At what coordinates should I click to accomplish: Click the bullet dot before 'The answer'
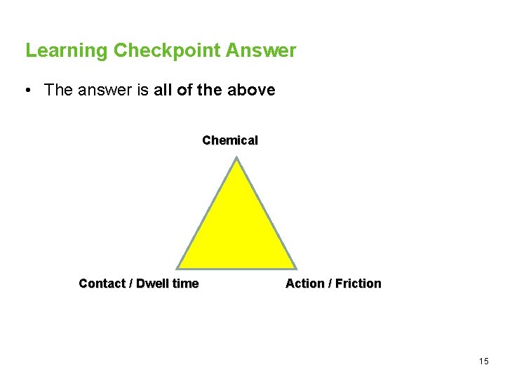26,91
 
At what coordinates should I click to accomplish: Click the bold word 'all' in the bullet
165,91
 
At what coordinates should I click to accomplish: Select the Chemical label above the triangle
230,140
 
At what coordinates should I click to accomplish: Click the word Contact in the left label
102,284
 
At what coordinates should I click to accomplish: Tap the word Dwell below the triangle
152,284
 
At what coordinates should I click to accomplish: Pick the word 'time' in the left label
185,284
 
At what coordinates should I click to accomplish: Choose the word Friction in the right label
358,284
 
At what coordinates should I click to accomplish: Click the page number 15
483,361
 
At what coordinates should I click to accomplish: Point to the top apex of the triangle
237,159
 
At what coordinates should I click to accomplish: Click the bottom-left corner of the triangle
178,267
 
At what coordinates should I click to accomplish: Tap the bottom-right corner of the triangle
295,267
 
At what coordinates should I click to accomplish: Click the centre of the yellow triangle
236,232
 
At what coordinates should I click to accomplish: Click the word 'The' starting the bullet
58,91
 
